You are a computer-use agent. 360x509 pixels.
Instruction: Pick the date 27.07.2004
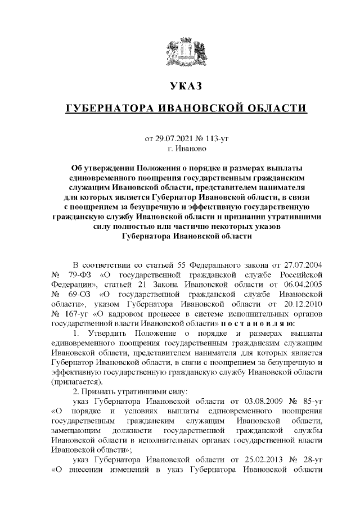pyautogui.click(x=303, y=264)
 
